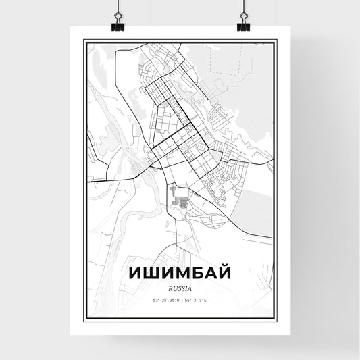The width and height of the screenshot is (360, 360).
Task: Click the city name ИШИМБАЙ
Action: (180, 272)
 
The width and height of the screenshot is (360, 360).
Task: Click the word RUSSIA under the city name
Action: (180, 288)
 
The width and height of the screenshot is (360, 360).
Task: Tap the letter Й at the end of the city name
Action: (228, 272)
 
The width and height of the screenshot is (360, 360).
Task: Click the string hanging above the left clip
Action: (116, 7)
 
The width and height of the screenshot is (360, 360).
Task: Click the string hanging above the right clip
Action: (243, 7)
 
